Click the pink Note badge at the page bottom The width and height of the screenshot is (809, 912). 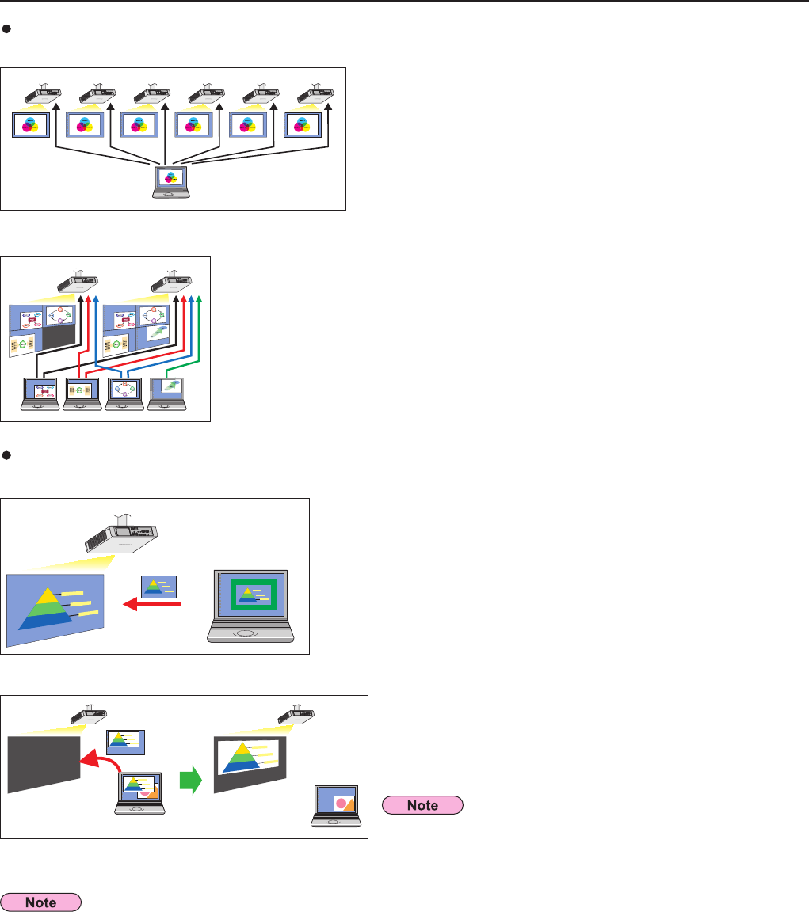tap(42, 901)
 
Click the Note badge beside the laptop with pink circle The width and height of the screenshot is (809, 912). tap(422, 804)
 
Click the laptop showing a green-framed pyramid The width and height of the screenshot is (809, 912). tap(250, 605)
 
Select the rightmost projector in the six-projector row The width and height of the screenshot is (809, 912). tap(315, 94)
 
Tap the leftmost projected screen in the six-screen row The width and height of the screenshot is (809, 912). tap(31, 125)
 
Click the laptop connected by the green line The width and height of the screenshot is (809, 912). tap(166, 393)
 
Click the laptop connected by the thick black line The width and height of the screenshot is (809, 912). tap(40, 393)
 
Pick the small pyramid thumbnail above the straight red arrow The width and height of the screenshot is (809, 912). tap(158, 586)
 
